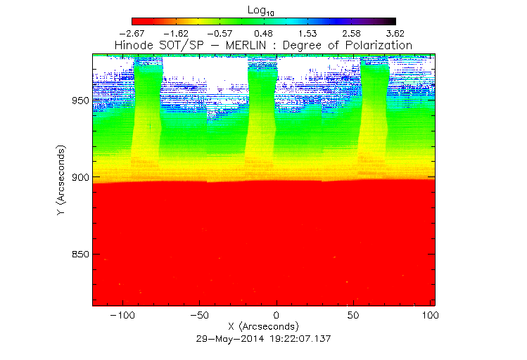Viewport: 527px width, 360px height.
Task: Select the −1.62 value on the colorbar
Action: click(176, 34)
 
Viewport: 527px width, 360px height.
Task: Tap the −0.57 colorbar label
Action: click(220, 34)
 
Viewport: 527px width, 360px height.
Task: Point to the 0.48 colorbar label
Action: click(263, 34)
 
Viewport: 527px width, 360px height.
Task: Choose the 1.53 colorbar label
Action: click(307, 34)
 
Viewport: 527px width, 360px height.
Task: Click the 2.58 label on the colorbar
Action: click(351, 34)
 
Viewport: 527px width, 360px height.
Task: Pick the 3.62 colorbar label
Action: click(395, 34)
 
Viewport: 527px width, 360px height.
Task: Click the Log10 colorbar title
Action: click(263, 11)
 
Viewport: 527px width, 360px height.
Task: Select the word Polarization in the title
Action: click(377, 46)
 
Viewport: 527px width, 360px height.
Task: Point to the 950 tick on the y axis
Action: click(80, 101)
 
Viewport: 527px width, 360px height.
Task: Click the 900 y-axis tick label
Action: click(80, 177)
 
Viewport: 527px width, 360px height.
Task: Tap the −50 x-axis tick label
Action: click(200, 315)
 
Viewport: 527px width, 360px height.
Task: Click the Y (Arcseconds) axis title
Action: click(63, 181)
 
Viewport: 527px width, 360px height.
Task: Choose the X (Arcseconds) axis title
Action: click(264, 327)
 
